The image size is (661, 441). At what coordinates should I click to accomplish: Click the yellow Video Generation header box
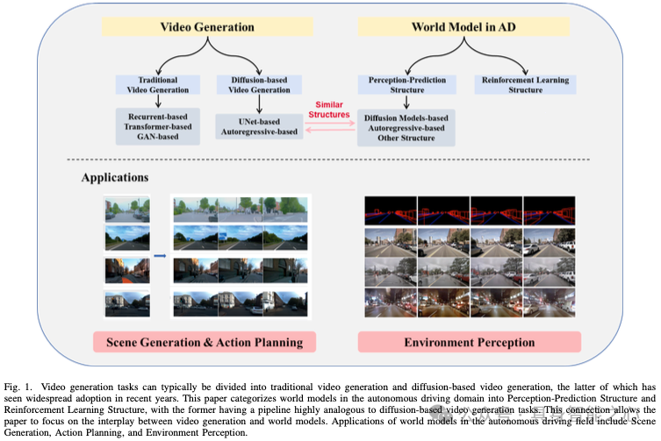[206, 27]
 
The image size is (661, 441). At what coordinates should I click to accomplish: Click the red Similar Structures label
[329, 109]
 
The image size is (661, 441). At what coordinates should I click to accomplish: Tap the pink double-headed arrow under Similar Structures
[329, 129]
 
